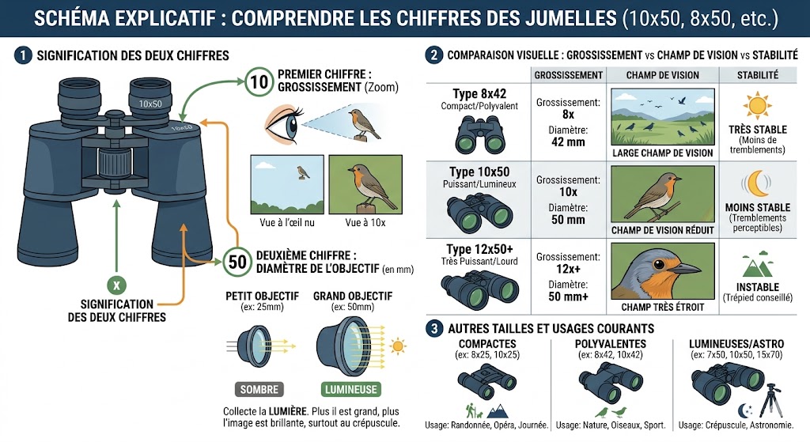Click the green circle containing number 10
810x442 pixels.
click(259, 82)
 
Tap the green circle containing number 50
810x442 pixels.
click(237, 262)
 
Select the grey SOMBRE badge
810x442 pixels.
click(259, 389)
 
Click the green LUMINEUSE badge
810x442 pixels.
click(350, 389)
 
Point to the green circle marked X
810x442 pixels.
click(117, 285)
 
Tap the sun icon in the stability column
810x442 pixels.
click(757, 106)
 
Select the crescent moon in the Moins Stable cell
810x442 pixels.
click(757, 183)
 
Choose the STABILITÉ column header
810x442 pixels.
click(757, 75)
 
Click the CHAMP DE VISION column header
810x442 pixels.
click(662, 75)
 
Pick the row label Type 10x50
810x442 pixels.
click(479, 172)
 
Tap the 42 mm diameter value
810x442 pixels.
click(568, 142)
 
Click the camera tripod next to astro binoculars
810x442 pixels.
click(772, 399)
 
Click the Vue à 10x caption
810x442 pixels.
click(365, 222)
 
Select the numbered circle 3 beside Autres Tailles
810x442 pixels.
click(434, 328)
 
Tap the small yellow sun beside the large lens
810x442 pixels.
click(398, 346)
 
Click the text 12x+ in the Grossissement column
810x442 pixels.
click(568, 269)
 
